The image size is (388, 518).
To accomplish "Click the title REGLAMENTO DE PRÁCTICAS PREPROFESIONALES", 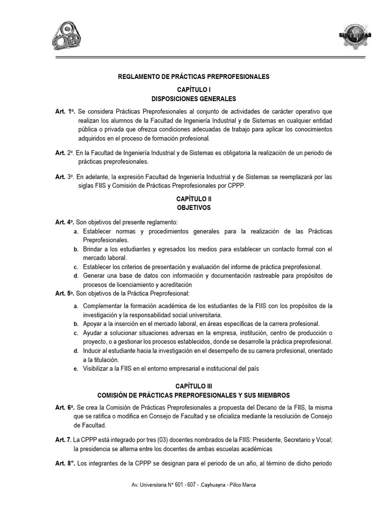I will click(x=193, y=76).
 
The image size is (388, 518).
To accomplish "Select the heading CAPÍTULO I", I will click(x=193, y=89).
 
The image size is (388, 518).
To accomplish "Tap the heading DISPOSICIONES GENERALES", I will click(x=193, y=99).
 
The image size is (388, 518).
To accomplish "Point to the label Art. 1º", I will click(x=65, y=111).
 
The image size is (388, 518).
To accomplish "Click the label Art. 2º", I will click(x=65, y=153).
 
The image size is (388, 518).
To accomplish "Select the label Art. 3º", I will click(x=65, y=177).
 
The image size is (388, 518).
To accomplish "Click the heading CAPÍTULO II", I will click(x=193, y=199).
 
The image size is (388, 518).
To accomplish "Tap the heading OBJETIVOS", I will click(x=193, y=208).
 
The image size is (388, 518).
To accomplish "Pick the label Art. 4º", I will click(x=65, y=222).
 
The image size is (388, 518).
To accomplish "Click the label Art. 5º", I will click(x=65, y=293).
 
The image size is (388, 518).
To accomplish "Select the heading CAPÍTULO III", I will click(x=193, y=385).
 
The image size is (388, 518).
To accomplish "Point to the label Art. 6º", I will click(x=65, y=407).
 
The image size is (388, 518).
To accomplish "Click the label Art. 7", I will click(x=64, y=440).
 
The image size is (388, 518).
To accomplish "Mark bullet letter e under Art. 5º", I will click(x=75, y=369).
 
